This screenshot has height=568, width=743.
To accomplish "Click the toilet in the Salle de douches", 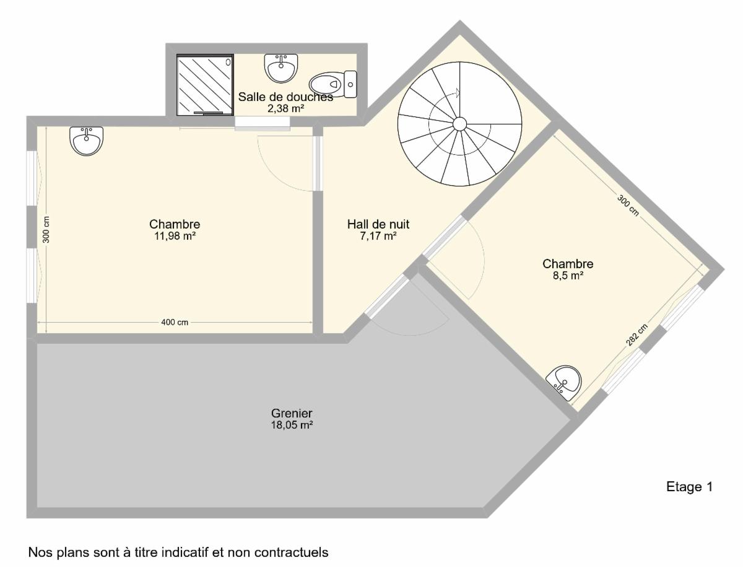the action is tap(332, 84).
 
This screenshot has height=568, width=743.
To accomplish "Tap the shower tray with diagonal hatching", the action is tap(205, 85).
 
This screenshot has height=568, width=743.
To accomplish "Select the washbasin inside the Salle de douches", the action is tap(281, 68).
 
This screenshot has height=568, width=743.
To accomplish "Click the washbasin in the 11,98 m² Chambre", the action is tap(86, 141).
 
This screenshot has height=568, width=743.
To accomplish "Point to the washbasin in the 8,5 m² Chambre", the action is tap(563, 382).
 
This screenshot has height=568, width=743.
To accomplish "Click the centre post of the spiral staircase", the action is tap(459, 124).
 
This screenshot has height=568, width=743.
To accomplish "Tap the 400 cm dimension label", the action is tap(175, 323).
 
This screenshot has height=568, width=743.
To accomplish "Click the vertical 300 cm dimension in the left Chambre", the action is tap(46, 230).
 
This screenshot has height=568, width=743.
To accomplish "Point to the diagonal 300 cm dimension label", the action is tap(628, 206).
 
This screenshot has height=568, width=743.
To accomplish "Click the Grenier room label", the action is tap(292, 413).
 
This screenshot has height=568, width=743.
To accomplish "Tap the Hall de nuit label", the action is tap(378, 224).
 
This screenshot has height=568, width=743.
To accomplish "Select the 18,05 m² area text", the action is tap(292, 425).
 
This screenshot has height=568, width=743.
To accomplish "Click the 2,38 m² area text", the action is tap(285, 108).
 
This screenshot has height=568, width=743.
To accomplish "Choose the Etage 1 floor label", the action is tap(690, 487).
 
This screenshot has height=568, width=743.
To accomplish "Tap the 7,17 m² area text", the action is tap(378, 236).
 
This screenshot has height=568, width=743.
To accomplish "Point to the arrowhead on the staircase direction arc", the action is tap(458, 93).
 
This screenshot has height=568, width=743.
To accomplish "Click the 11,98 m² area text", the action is tap(175, 236).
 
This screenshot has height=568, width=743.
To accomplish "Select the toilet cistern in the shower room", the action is tap(350, 84).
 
